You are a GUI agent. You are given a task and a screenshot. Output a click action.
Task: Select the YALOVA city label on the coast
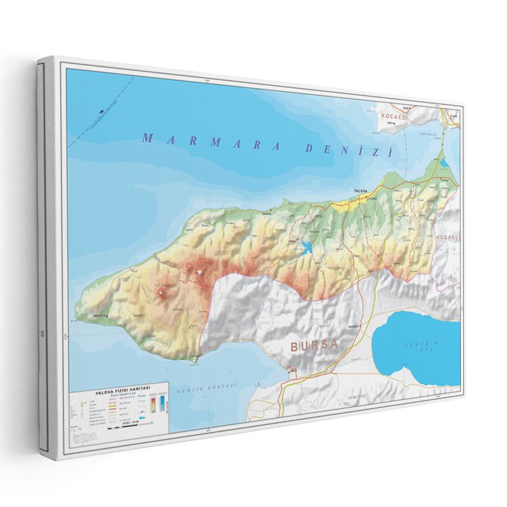click(360, 191)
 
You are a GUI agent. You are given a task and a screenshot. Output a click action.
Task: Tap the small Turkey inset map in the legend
click(85, 436)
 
